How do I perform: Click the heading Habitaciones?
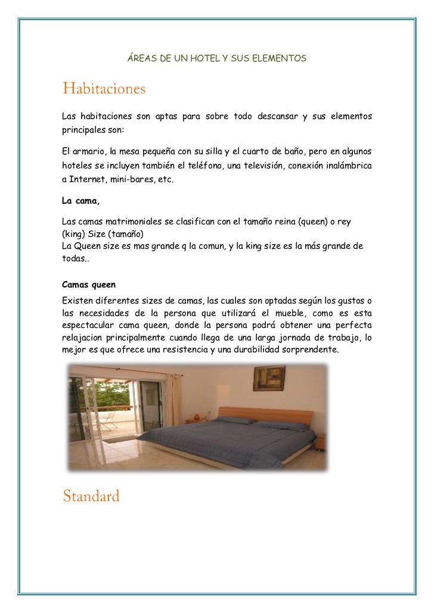(x=104, y=90)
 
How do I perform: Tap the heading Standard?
(x=91, y=496)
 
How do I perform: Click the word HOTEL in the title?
(x=204, y=59)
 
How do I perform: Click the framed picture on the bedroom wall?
(x=265, y=378)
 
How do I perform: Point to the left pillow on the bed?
(x=235, y=420)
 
